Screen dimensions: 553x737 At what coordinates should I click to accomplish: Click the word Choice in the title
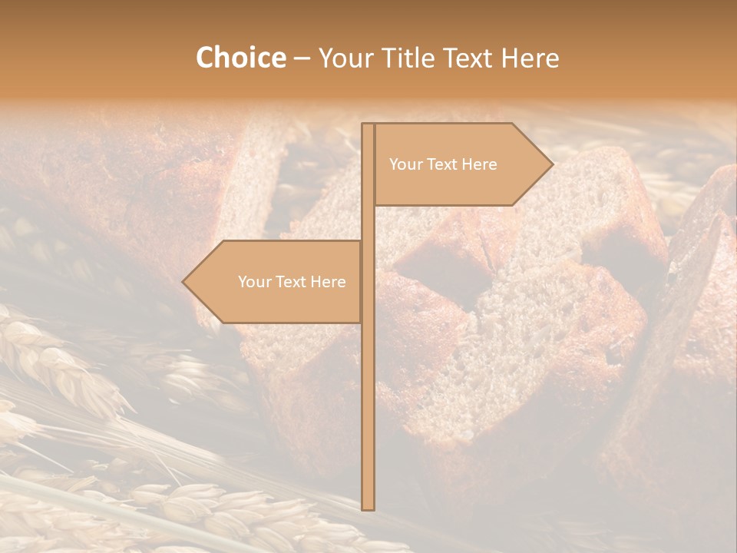(x=240, y=58)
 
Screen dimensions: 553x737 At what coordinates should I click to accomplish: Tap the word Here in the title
(x=530, y=58)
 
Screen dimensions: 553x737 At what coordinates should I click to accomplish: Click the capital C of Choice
(x=205, y=58)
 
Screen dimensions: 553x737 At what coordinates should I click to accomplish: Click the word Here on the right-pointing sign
(x=479, y=164)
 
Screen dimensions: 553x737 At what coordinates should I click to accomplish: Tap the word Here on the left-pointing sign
(x=328, y=282)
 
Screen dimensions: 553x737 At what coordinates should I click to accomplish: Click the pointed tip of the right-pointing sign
(x=551, y=164)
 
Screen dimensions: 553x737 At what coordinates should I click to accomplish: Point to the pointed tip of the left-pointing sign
(x=184, y=282)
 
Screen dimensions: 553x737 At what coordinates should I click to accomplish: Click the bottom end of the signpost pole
(x=368, y=507)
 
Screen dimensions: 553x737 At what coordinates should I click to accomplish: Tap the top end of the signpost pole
(x=368, y=126)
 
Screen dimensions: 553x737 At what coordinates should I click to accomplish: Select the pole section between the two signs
(x=368, y=223)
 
